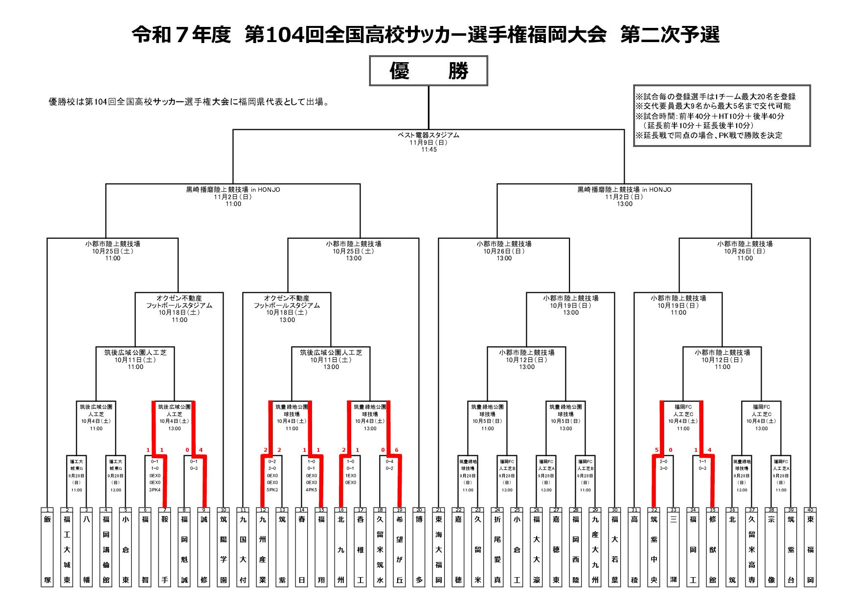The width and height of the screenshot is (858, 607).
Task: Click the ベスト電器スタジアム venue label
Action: coord(429,135)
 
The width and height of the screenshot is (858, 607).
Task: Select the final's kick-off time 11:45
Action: coord(429,150)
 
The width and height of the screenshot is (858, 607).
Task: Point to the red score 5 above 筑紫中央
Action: coord(656,450)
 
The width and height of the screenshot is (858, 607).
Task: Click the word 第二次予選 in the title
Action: coord(670,35)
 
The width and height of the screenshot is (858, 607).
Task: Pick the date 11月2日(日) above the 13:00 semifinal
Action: coord(625,197)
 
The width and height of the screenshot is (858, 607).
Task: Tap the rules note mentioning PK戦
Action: coord(708,136)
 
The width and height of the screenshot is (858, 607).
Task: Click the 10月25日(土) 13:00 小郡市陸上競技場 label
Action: coord(354,251)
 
